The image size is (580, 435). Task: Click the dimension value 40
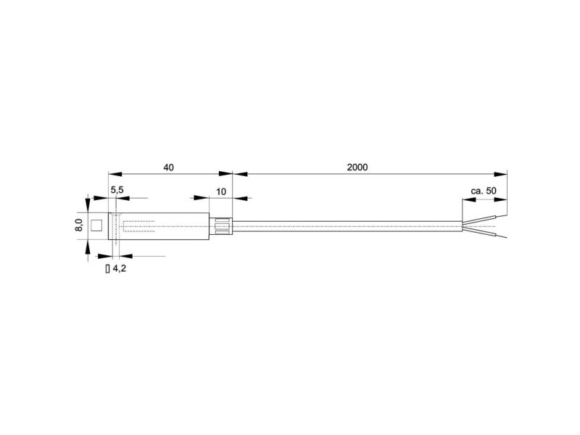[168, 167]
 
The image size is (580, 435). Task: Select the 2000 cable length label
[357, 167]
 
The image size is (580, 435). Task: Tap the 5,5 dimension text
[117, 190]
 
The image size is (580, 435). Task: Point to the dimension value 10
[221, 192]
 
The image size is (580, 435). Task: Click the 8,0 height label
[79, 225]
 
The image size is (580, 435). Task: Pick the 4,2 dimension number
[119, 268]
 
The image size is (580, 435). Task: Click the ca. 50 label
[484, 191]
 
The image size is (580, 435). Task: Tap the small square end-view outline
[96, 225]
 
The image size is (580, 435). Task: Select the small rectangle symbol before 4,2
[107, 269]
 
